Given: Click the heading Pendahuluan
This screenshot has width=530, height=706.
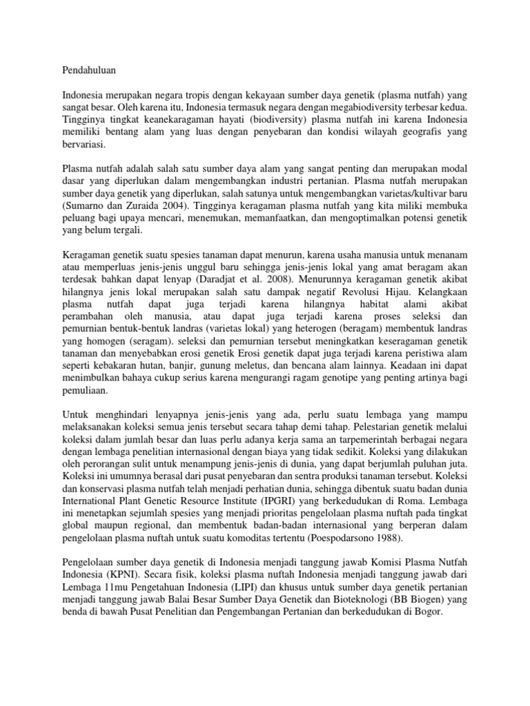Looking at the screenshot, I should (88, 70).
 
